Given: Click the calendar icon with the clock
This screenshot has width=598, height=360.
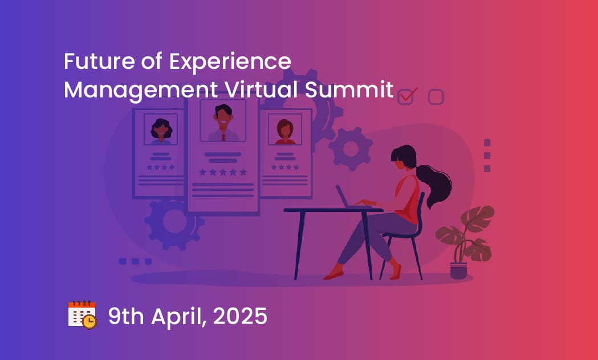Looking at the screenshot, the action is pyautogui.click(x=82, y=314).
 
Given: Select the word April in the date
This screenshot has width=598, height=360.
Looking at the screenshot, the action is pyautogui.click(x=179, y=317).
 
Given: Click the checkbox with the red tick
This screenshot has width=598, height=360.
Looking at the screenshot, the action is pyautogui.click(x=406, y=96).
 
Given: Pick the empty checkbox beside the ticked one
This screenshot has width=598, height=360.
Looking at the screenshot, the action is pyautogui.click(x=436, y=97).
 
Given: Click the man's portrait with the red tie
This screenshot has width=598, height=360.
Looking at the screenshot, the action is pyautogui.click(x=223, y=120).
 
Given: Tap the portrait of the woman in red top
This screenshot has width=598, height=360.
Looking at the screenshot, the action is pyautogui.click(x=285, y=129).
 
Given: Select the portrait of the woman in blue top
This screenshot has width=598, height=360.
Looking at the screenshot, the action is pyautogui.click(x=161, y=129).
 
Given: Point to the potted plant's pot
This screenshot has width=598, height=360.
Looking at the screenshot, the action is pyautogui.click(x=458, y=271).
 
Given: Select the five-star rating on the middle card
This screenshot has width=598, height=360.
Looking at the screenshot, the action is pyautogui.click(x=223, y=173).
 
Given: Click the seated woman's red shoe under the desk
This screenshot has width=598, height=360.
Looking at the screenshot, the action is pyautogui.click(x=333, y=273).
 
